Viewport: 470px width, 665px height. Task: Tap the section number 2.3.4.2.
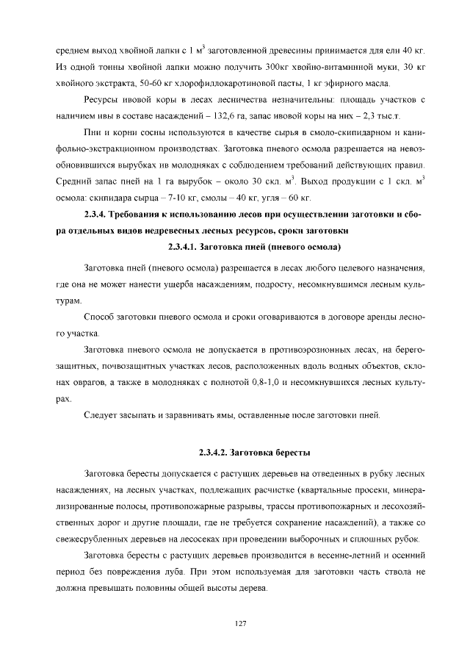point(217,451)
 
